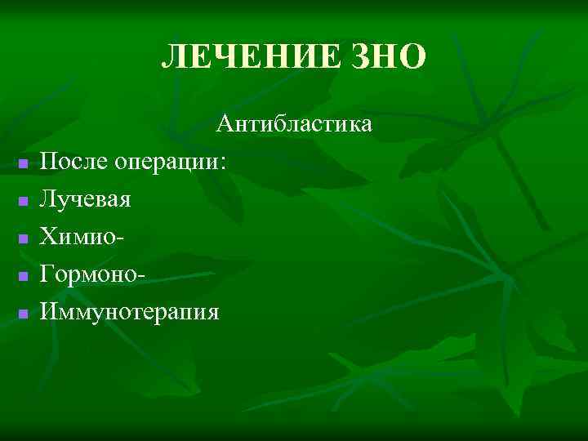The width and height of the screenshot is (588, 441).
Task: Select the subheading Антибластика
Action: pyautogui.click(x=294, y=124)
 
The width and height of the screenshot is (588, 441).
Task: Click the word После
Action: pyautogui.click(x=75, y=162)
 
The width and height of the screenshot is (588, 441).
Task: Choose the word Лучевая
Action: pyautogui.click(x=86, y=199)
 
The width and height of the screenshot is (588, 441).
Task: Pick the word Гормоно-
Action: pyautogui.click(x=93, y=274)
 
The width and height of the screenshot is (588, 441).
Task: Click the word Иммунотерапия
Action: pyautogui.click(x=130, y=313)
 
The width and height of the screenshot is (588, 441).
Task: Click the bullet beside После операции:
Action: pyautogui.click(x=24, y=164)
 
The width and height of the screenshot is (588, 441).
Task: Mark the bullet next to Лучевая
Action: pyautogui.click(x=24, y=202)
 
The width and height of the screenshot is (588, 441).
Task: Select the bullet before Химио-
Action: pyautogui.click(x=24, y=239)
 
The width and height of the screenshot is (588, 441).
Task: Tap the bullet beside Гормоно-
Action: pyautogui.click(x=24, y=277)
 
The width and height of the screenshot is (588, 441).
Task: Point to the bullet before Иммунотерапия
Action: pyautogui.click(x=24, y=314)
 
